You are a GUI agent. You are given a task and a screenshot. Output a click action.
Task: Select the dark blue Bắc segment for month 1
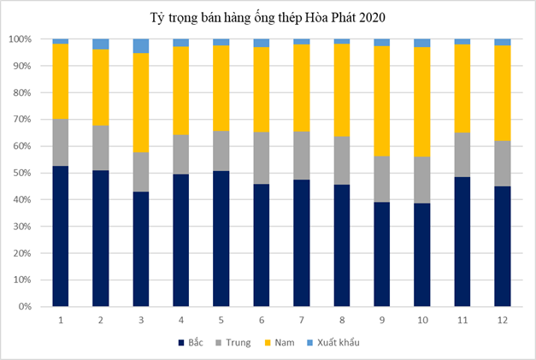(x=60, y=235)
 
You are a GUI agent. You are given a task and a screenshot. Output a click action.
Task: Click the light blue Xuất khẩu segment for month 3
(x=140, y=46)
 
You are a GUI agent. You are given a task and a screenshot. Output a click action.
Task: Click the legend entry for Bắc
(x=194, y=343)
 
